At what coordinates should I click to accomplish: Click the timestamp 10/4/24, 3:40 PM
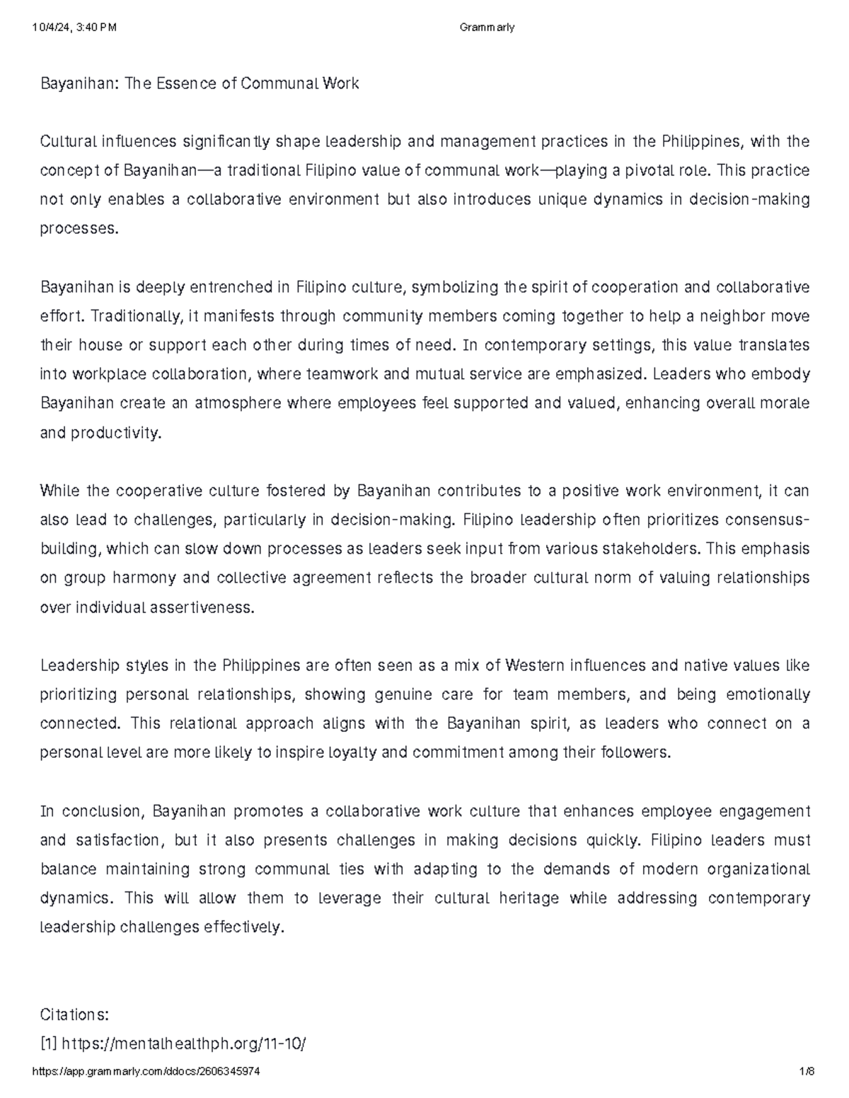74,28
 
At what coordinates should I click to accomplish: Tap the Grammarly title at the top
487,28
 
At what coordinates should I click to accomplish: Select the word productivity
116,433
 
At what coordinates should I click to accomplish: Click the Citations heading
74,1015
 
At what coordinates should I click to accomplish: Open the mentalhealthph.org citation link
183,1044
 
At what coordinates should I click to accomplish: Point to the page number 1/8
807,1071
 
